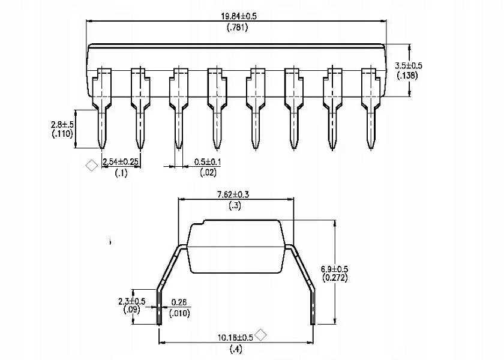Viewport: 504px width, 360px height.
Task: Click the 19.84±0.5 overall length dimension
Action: pos(239,16)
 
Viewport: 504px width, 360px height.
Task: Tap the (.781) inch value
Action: pos(238,28)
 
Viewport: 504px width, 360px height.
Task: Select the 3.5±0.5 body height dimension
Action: pos(409,65)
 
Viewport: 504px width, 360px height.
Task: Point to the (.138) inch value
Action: pos(407,76)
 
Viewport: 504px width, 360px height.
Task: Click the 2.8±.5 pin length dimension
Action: pos(62,124)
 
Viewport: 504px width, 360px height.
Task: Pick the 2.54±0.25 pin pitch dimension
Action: pos(121,161)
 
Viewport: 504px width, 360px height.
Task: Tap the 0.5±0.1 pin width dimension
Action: pos(208,161)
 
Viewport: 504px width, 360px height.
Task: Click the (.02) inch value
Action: pos(208,172)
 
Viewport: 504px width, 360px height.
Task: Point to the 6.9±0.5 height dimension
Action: pos(335,269)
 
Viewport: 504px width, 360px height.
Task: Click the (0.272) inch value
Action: pos(335,278)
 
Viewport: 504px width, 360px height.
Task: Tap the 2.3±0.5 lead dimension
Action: pos(132,301)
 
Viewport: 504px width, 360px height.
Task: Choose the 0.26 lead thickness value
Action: pos(179,302)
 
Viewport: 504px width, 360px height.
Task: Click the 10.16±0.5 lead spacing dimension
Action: pos(236,337)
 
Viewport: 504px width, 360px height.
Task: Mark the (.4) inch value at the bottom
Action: pos(236,349)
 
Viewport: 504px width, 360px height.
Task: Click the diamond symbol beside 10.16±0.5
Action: pos(261,335)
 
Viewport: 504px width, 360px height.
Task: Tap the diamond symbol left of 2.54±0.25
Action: pos(92,165)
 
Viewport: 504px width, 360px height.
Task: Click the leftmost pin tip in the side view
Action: pos(102,149)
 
